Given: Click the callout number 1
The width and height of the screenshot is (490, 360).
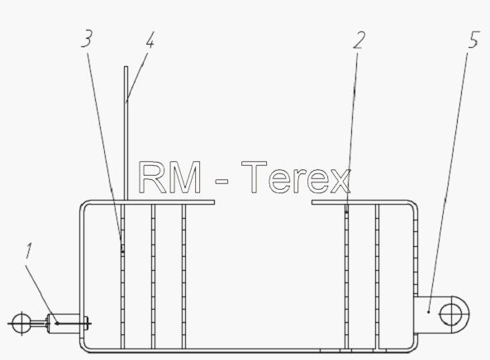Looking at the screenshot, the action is (29, 251).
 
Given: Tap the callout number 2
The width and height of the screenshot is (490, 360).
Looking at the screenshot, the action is (359, 40).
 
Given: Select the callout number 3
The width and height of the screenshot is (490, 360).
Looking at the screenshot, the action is (87, 39).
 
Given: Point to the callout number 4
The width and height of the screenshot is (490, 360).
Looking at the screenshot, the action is (150, 40).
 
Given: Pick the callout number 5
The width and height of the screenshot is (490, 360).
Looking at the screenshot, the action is (474, 40).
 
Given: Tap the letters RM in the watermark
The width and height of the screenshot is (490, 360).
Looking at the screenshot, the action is (169, 177).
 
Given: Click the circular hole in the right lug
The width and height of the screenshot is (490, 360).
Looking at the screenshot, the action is (450, 315).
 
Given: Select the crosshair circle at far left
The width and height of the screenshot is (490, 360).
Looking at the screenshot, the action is (21, 324).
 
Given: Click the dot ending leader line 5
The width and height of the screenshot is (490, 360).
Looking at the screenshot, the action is (428, 311).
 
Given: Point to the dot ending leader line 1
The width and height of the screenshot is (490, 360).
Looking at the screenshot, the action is (57, 324).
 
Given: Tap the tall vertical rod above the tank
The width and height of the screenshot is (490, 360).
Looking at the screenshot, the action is (126, 133).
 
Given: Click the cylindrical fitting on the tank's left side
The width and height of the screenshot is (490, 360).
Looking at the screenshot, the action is (64, 324).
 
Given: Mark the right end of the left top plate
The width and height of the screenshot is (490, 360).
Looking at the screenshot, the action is (214, 202).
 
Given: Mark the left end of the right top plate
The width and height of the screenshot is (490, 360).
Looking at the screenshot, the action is (312, 202).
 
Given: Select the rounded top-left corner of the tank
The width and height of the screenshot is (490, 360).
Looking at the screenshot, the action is (83, 204).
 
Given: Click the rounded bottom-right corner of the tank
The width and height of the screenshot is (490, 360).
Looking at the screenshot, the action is (414, 348).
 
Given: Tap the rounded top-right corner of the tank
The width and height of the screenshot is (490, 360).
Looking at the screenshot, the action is (414, 204).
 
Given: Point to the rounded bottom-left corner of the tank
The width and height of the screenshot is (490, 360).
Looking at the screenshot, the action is (83, 348).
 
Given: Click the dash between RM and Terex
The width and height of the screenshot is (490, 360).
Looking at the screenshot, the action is (222, 181).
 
